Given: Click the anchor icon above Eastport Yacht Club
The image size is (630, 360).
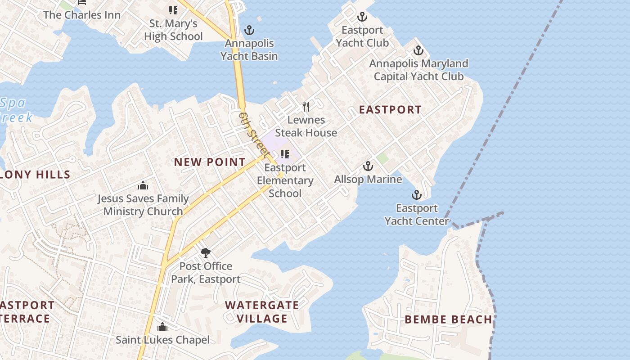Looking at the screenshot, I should tap(362, 17).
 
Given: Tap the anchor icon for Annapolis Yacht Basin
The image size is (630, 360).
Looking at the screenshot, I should tap(249, 30).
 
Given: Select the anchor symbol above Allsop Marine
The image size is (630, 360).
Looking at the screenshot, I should tap(368, 166).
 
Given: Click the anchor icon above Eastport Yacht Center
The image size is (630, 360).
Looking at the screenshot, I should tap(417, 195).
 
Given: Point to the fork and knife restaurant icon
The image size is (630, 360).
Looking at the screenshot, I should tap(306, 107).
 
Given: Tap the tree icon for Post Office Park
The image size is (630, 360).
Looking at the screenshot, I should tap(206, 253).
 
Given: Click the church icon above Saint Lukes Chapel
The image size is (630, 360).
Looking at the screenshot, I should tap(162, 327).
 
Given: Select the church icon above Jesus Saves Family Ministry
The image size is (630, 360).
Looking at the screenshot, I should tap(143, 185).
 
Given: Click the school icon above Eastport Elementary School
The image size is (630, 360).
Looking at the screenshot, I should tap(284, 154).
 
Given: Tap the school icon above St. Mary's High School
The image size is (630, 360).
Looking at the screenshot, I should tap(173, 10).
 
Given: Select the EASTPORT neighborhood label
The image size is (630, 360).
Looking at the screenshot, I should tap(390, 109).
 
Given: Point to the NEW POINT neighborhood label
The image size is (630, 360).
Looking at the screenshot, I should tap(210, 162).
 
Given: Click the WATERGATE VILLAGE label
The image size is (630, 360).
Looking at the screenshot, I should tap(262, 311).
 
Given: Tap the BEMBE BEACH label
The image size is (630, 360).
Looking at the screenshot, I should tap(448, 319).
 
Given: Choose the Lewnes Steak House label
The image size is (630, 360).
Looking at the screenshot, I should tap(306, 126).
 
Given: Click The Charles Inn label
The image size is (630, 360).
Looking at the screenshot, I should tap(82, 15).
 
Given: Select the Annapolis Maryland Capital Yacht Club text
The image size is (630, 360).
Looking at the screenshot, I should tap(418, 70).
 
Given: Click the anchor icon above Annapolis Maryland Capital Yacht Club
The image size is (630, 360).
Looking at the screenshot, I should tap(418, 50).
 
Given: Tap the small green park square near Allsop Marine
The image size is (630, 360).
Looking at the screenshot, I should tap(382, 158).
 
